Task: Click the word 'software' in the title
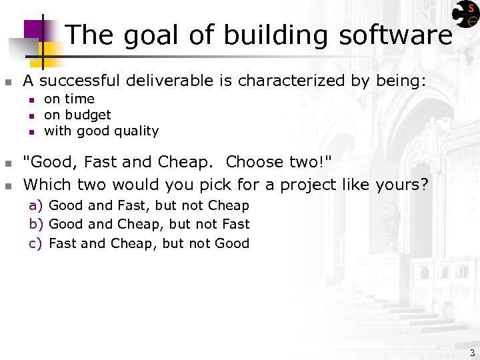coord(395,35)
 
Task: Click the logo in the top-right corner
coord(465,15)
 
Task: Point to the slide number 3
coord(472,353)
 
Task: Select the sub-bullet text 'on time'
coord(69,99)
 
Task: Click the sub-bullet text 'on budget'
coord(77,115)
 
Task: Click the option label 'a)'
coord(36,205)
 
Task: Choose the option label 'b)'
coord(36,224)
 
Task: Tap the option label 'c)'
coord(36,243)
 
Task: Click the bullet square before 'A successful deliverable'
coord(8,83)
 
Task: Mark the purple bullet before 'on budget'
coord(30,116)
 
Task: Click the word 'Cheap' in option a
coord(228,205)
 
